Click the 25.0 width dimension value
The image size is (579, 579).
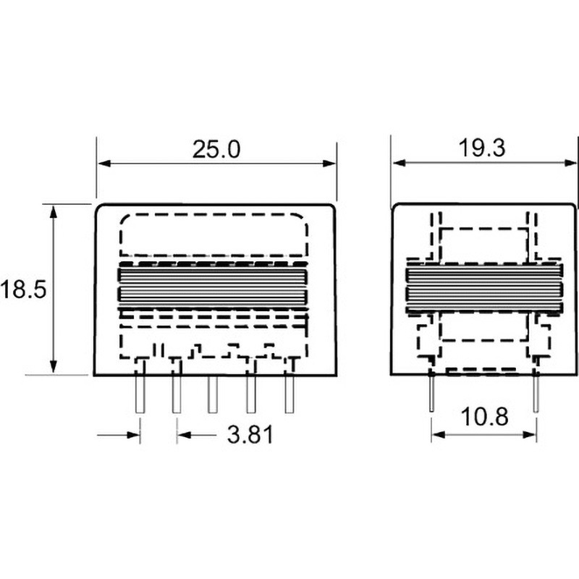215,149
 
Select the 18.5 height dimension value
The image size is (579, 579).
23,289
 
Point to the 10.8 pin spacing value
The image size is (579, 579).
483,418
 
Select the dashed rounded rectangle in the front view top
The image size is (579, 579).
214,235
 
